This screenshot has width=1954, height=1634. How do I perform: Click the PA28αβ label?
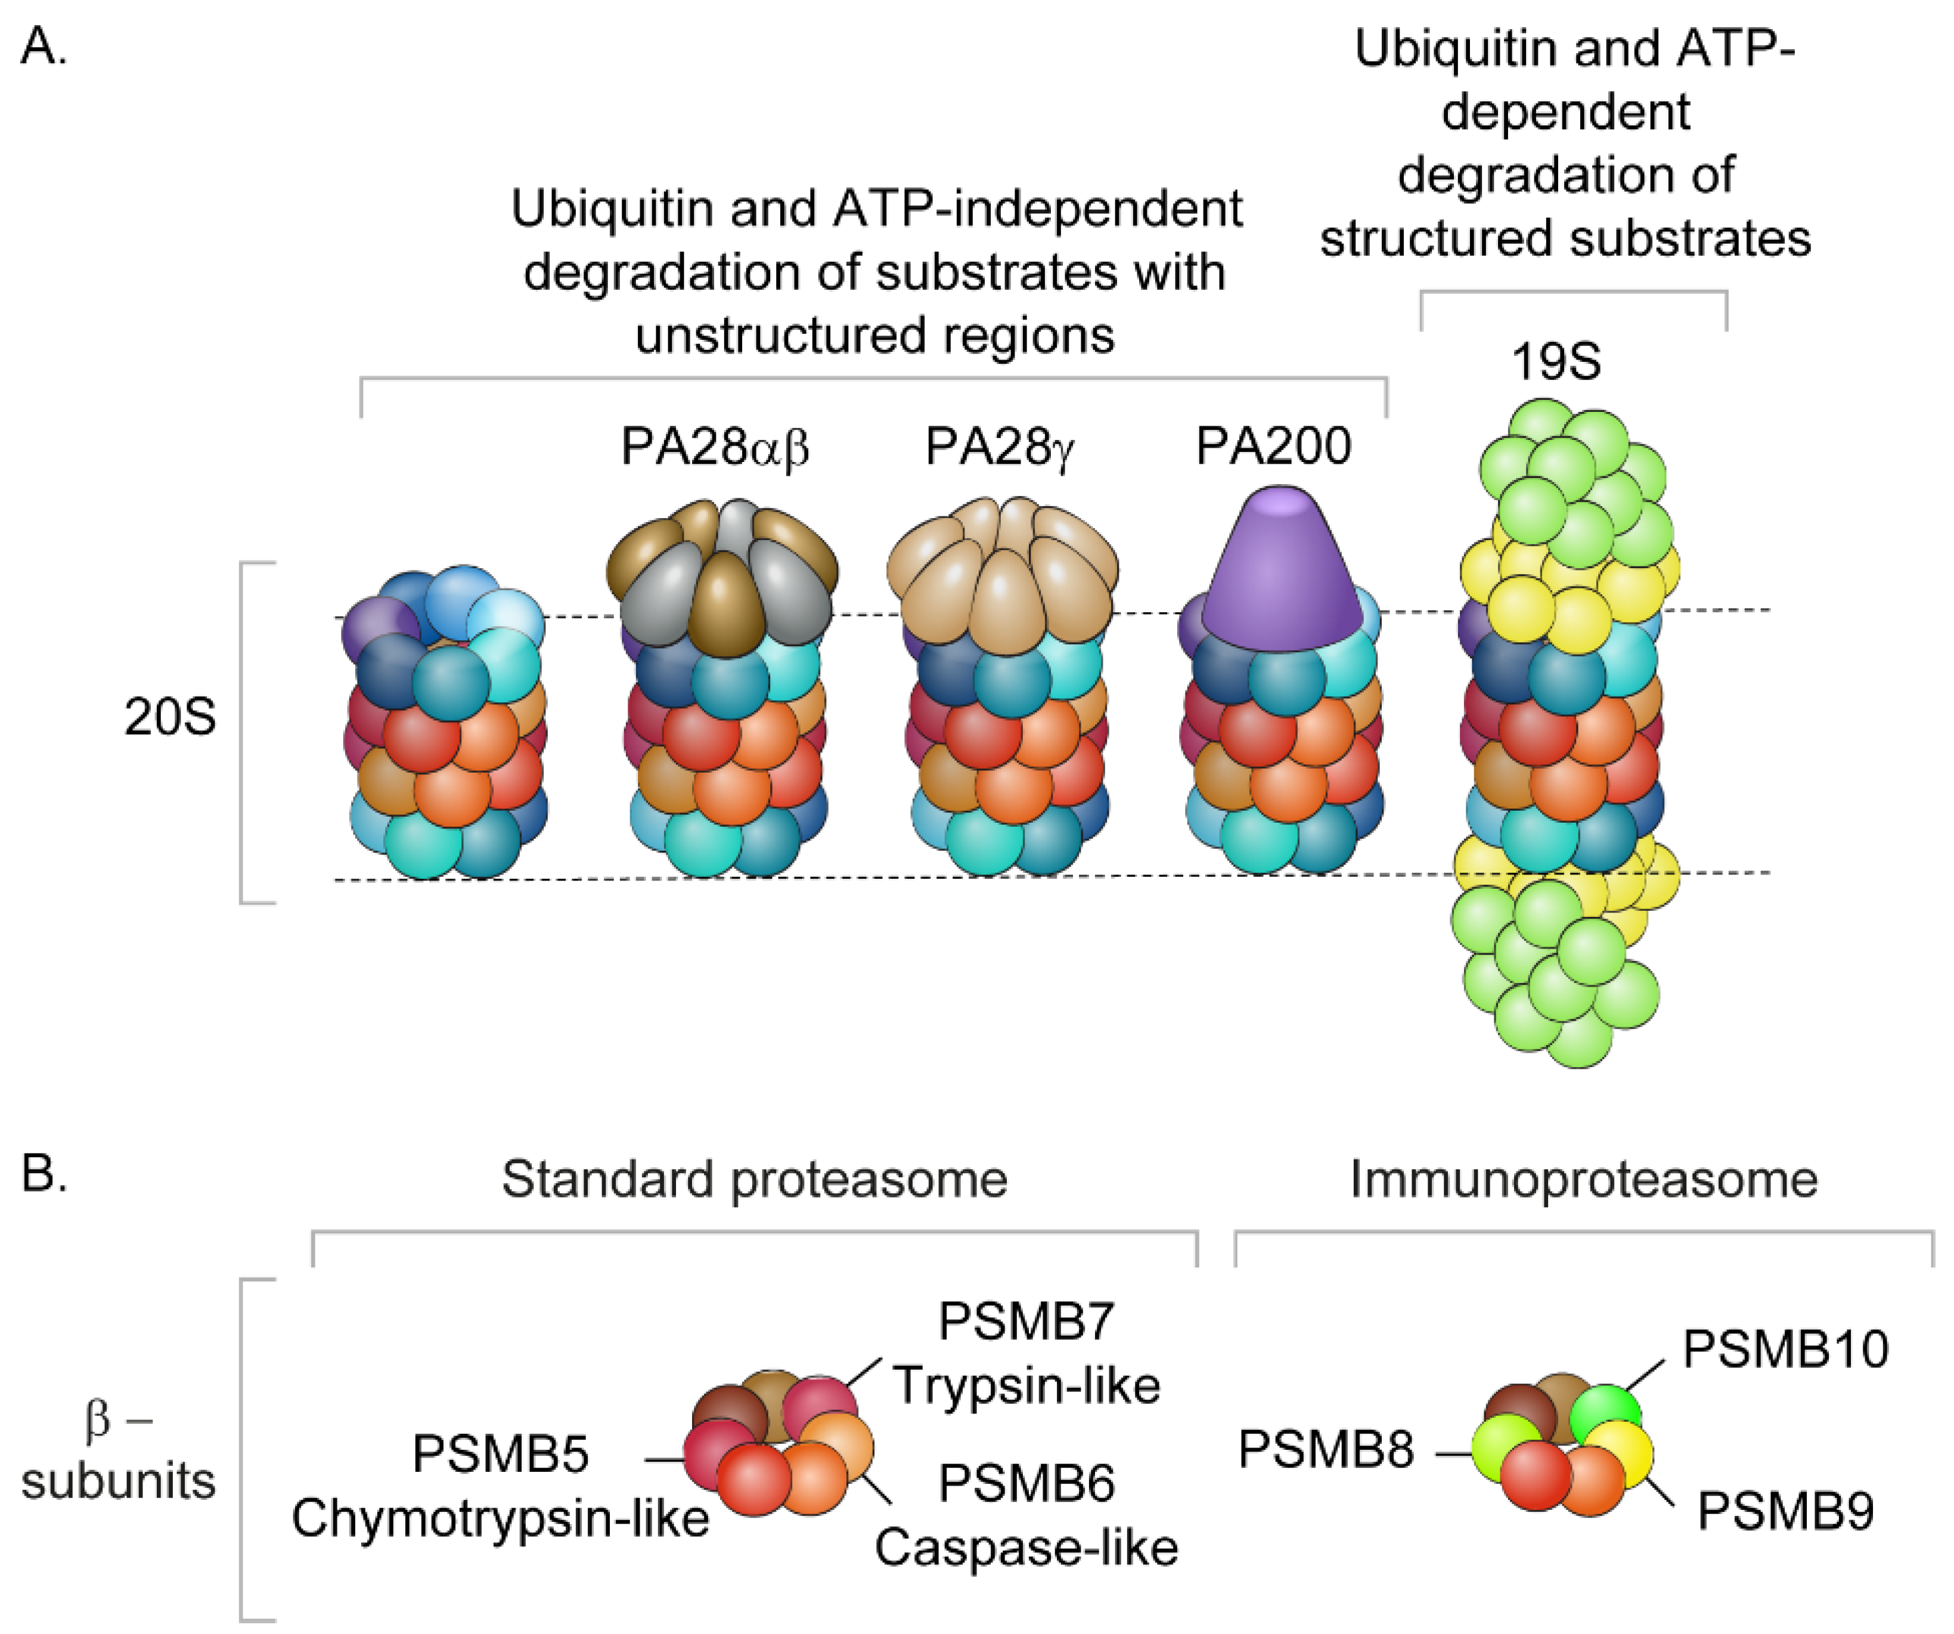click(x=715, y=448)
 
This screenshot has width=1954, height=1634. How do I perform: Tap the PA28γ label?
click(x=1000, y=448)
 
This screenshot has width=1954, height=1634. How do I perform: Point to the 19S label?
click(x=1556, y=362)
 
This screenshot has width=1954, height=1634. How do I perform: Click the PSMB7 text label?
click(x=1026, y=1322)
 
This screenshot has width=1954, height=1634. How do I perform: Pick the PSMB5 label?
click(x=501, y=1455)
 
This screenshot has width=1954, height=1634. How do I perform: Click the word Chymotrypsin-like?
click(x=501, y=1518)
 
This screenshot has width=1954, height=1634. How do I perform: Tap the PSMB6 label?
click(x=1026, y=1483)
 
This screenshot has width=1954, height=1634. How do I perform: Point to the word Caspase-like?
click(x=1026, y=1548)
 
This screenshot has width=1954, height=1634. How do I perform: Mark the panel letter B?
click(x=43, y=1174)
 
